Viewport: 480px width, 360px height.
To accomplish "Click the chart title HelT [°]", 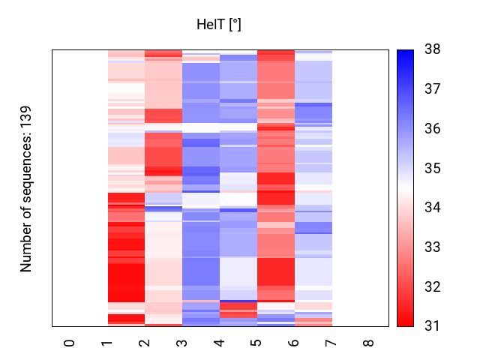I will tap(218, 25).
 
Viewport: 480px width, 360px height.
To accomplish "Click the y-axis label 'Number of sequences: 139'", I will tap(26, 187).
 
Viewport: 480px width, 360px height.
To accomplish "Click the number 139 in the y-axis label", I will tap(26, 115).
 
